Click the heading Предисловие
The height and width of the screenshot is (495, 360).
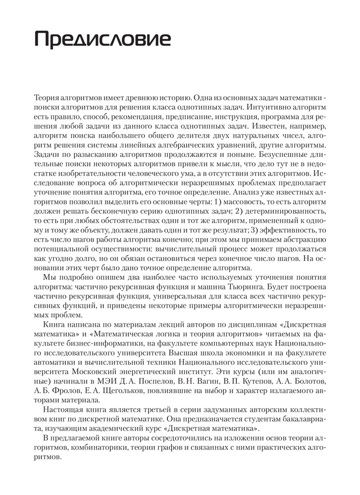tap(102, 39)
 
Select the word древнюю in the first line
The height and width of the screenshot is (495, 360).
tap(145, 97)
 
